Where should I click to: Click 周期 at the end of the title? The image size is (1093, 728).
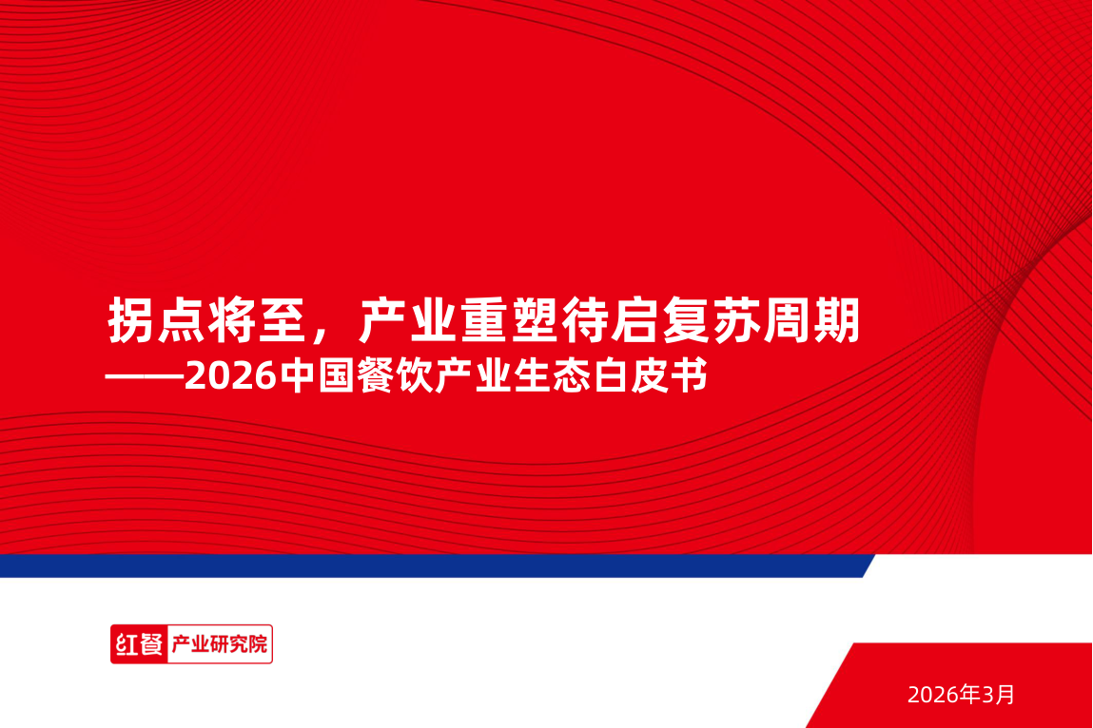coord(815,321)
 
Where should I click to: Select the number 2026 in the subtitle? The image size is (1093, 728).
coord(229,377)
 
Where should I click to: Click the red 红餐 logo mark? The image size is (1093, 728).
coord(138,644)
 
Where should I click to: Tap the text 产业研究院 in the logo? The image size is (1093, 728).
coord(219,644)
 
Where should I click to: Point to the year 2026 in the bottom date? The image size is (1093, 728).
coord(931,695)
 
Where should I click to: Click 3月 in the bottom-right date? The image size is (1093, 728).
coord(999,695)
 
